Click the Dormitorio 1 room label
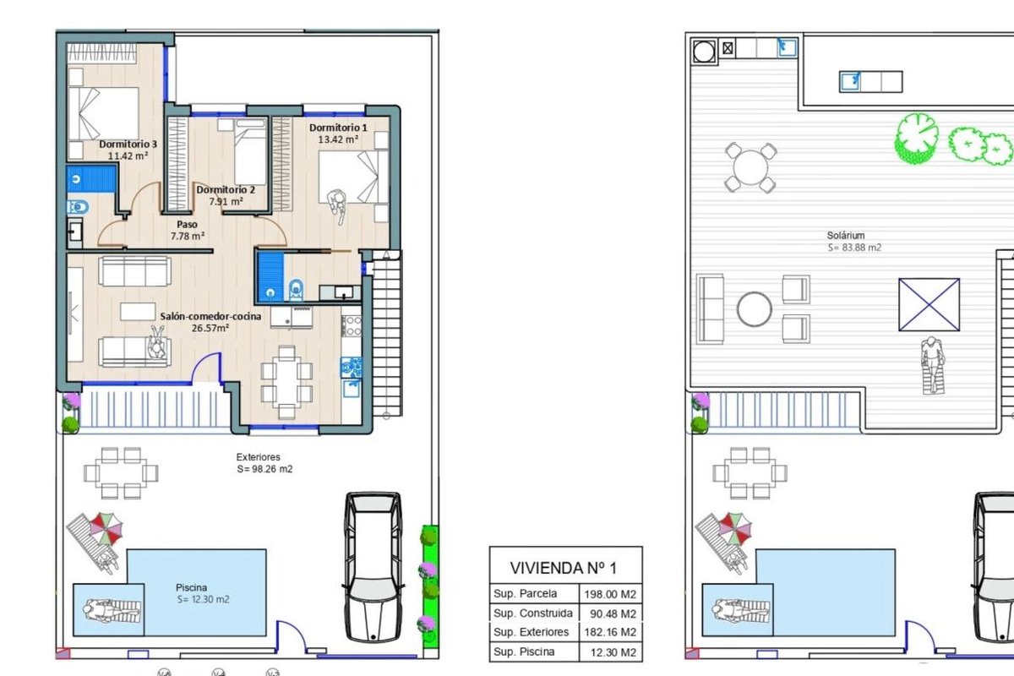pyautogui.click(x=338, y=128)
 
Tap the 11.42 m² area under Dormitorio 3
pyautogui.click(x=128, y=155)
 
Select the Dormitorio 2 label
pyautogui.click(x=226, y=190)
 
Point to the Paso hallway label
pyautogui.click(x=187, y=224)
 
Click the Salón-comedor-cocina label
pyautogui.click(x=210, y=317)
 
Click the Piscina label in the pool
pyautogui.click(x=192, y=588)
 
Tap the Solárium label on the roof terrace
pyautogui.click(x=846, y=236)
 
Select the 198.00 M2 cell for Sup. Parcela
pyautogui.click(x=610, y=594)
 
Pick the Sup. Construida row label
pyautogui.click(x=533, y=613)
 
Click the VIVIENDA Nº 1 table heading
pyautogui.click(x=564, y=568)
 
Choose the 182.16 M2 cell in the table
pyautogui.click(x=610, y=632)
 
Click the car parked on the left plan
pyautogui.click(x=373, y=567)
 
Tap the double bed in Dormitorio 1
pyautogui.click(x=353, y=177)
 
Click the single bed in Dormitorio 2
pyautogui.click(x=250, y=152)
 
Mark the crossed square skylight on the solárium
pyautogui.click(x=929, y=305)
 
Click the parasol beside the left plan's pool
pyautogui.click(x=106, y=528)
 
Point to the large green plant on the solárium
pyautogui.click(x=917, y=138)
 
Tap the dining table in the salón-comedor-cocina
pyautogui.click(x=286, y=383)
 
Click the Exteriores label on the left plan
pyautogui.click(x=258, y=457)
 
